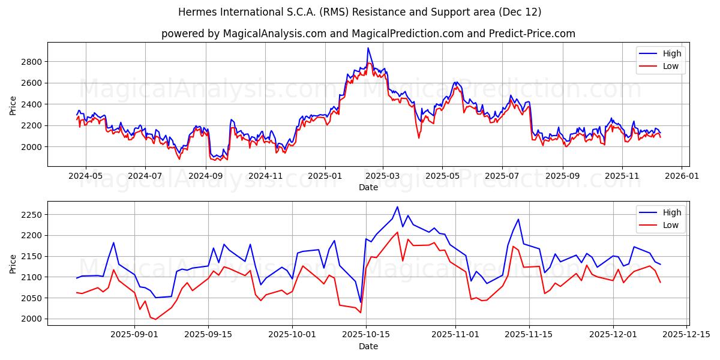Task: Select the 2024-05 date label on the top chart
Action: click(x=85, y=176)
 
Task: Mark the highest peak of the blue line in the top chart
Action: click(x=368, y=48)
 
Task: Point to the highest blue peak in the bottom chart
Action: click(x=397, y=207)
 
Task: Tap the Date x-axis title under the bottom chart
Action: click(x=368, y=346)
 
